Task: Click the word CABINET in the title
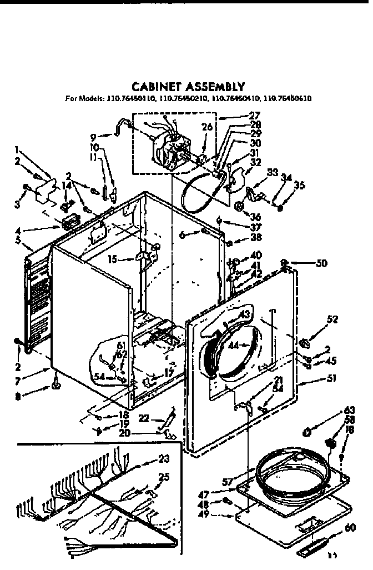point(154,87)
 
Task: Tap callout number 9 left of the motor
point(93,136)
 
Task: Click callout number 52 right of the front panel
point(332,319)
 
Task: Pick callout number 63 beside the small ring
point(350,412)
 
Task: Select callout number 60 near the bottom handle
point(350,528)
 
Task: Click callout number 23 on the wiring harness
point(163,459)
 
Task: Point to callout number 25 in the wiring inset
point(164,477)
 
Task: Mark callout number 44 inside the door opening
point(235,346)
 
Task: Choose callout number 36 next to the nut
point(256,217)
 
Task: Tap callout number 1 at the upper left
point(18,149)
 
